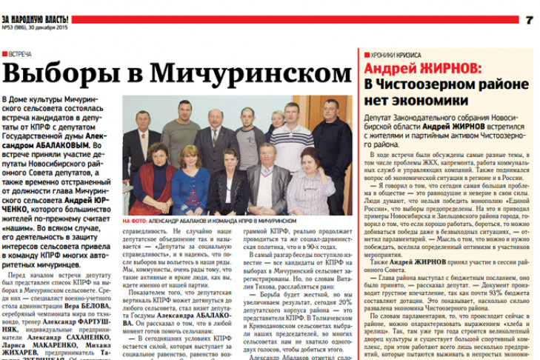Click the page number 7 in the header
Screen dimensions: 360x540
coord(529,19)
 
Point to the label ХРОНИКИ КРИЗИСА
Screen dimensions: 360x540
coord(393,55)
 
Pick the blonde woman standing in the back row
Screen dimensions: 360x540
coord(276,122)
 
